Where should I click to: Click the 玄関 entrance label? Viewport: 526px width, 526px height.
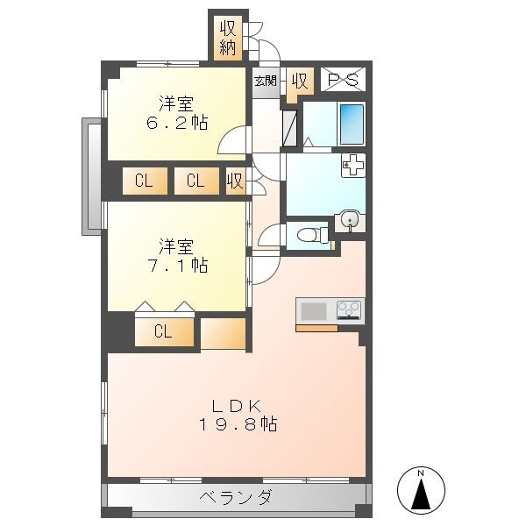[x=266, y=81]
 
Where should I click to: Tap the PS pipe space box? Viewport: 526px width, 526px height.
[x=343, y=80]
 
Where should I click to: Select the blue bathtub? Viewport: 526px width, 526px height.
[x=352, y=124]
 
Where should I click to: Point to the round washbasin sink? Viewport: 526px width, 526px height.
[x=350, y=220]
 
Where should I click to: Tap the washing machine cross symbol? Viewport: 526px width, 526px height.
[x=353, y=165]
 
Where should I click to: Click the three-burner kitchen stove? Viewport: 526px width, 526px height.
[x=349, y=310]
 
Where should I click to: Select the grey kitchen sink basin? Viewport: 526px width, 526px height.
[x=314, y=311]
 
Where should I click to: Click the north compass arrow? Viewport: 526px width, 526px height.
[x=421, y=494]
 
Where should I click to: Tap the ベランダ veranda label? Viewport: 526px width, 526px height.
[x=236, y=497]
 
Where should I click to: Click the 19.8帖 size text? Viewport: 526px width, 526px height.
[x=238, y=424]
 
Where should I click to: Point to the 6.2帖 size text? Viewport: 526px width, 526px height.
[x=177, y=123]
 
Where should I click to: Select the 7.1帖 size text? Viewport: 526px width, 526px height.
[x=177, y=265]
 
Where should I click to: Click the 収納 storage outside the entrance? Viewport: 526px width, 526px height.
[x=228, y=39]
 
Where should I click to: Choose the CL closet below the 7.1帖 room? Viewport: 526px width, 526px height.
[x=164, y=331]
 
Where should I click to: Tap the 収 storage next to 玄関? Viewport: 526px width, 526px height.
[x=300, y=82]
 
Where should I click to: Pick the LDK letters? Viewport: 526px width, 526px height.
[x=237, y=407]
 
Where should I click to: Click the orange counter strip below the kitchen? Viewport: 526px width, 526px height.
[x=316, y=328]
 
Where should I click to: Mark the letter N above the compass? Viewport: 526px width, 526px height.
[x=421, y=473]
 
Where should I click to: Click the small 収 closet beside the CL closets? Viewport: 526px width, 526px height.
[x=236, y=181]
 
